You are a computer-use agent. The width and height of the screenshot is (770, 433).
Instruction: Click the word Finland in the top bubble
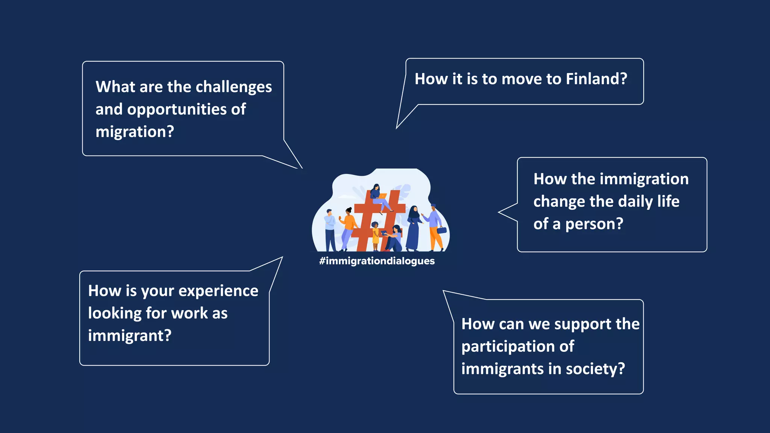[x=596, y=79]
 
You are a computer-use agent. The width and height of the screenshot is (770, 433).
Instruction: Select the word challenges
[x=233, y=87]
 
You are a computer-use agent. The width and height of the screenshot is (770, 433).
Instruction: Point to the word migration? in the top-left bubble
[x=135, y=132]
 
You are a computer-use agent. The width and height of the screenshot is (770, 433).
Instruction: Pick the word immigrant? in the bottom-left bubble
[x=130, y=336]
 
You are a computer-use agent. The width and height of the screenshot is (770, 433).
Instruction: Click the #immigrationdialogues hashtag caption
[x=377, y=261]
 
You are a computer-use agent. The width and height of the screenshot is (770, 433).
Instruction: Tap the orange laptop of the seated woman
[x=382, y=196]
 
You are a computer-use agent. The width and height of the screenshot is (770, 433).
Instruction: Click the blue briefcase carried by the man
[x=442, y=230]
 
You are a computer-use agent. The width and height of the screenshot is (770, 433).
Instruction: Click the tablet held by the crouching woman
[x=384, y=233]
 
